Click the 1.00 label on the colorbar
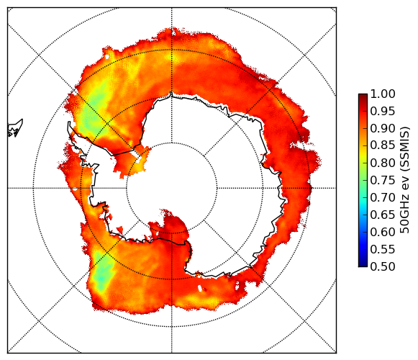coord(383,94)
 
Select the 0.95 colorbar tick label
coord(383,112)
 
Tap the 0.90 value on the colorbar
coord(383,129)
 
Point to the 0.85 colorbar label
coord(383,145)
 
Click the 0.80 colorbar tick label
coord(383,163)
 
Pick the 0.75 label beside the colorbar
coord(383,181)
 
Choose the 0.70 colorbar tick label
coord(383,198)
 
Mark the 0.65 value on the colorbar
coord(383,215)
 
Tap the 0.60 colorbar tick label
coord(383,232)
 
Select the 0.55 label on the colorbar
coord(383,249)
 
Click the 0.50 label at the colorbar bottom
coord(383,266)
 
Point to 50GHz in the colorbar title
coord(405,215)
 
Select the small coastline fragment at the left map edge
coord(15,129)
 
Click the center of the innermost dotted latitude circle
coord(172,188)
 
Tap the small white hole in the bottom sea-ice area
coord(200,288)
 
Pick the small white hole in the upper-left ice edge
coord(107,57)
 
